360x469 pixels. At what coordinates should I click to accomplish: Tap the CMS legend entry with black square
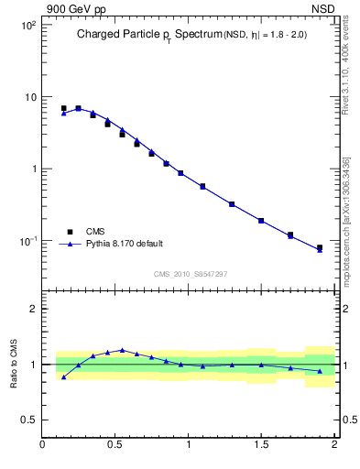point(95,232)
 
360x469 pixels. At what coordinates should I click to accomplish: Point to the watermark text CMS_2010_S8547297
point(190,274)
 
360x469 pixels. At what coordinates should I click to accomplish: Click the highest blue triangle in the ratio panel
point(122,350)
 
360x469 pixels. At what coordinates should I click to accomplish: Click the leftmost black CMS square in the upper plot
point(63,108)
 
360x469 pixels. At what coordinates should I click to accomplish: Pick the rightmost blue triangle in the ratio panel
point(320,371)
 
